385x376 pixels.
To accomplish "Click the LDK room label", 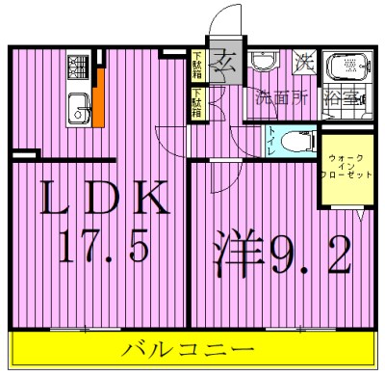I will pyautogui.click(x=104, y=201).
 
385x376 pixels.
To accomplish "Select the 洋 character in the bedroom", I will pyautogui.click(x=231, y=253).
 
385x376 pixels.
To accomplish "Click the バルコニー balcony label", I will pyautogui.click(x=188, y=349).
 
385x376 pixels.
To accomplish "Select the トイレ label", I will pyautogui.click(x=273, y=142).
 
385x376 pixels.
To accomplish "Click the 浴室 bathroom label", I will pyautogui.click(x=345, y=98).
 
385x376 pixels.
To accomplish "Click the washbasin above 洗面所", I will pyautogui.click(x=263, y=63).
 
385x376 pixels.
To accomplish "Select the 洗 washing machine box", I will pyautogui.click(x=304, y=63).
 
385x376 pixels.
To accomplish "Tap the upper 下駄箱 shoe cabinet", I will pyautogui.click(x=196, y=66).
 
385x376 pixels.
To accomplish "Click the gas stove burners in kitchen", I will pyautogui.click(x=78, y=68).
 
